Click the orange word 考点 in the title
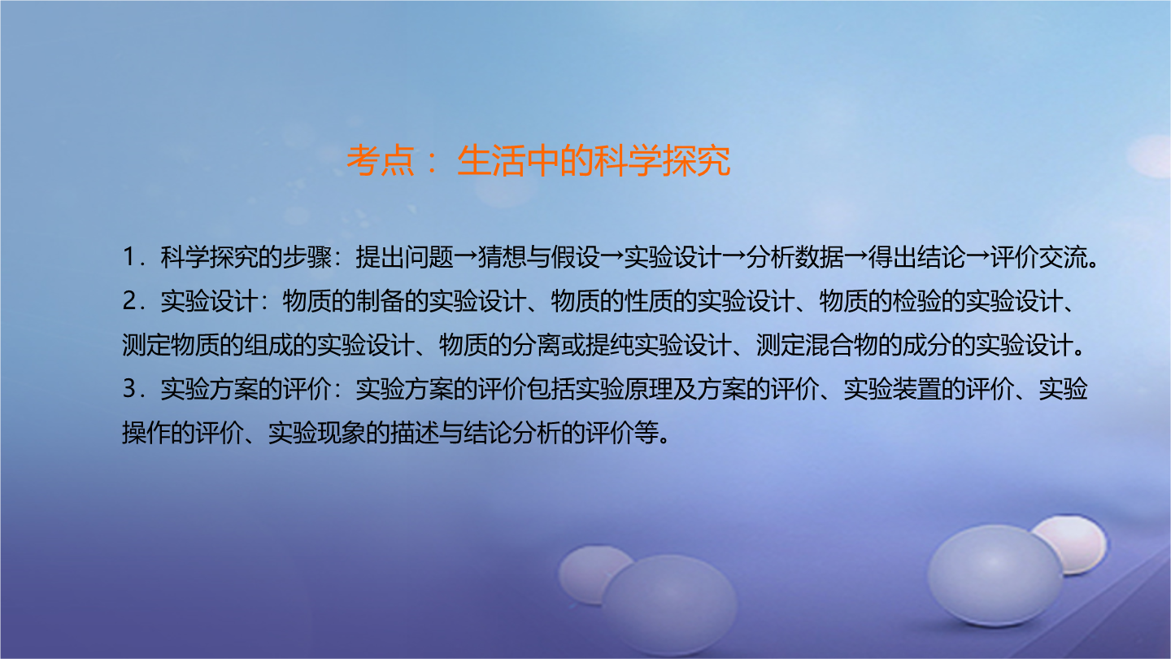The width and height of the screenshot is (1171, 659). coord(381,160)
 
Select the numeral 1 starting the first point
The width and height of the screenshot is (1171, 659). coord(128,257)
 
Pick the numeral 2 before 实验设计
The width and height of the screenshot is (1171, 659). coord(129,301)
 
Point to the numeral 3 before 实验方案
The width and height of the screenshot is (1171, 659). coord(129,389)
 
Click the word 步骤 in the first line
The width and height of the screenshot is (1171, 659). coord(307,257)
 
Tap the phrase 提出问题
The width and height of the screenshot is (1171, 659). coord(404,257)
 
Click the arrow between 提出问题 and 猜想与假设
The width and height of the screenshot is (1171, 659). coord(465,257)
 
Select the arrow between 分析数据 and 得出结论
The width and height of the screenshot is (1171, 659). coord(855,257)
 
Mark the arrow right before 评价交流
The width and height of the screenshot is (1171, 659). coord(977,257)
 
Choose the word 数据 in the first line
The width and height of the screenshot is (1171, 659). coord(819,257)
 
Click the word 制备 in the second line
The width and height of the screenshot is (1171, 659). coord(380,301)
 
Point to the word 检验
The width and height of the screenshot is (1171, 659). coord(916,301)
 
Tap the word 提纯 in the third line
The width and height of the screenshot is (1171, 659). coord(610,345)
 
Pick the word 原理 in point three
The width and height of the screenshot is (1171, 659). coord(648,389)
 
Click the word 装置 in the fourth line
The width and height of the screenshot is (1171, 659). coord(916,389)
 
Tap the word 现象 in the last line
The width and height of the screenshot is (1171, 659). coord(340,433)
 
